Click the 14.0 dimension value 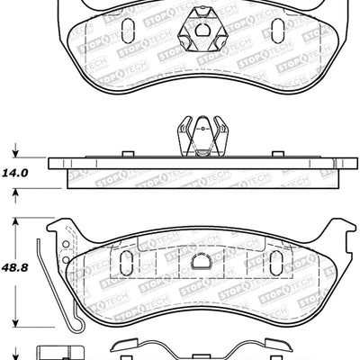click(20, 166)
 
